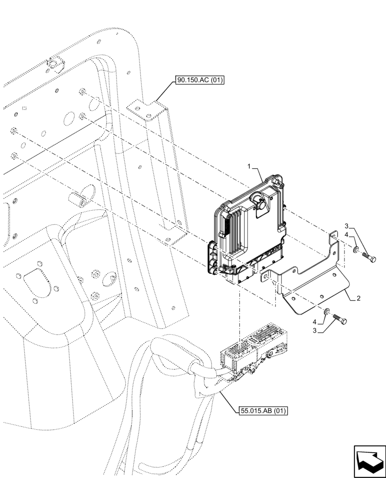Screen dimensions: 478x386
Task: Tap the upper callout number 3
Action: point(347,227)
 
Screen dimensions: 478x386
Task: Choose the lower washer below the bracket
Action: point(325,312)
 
